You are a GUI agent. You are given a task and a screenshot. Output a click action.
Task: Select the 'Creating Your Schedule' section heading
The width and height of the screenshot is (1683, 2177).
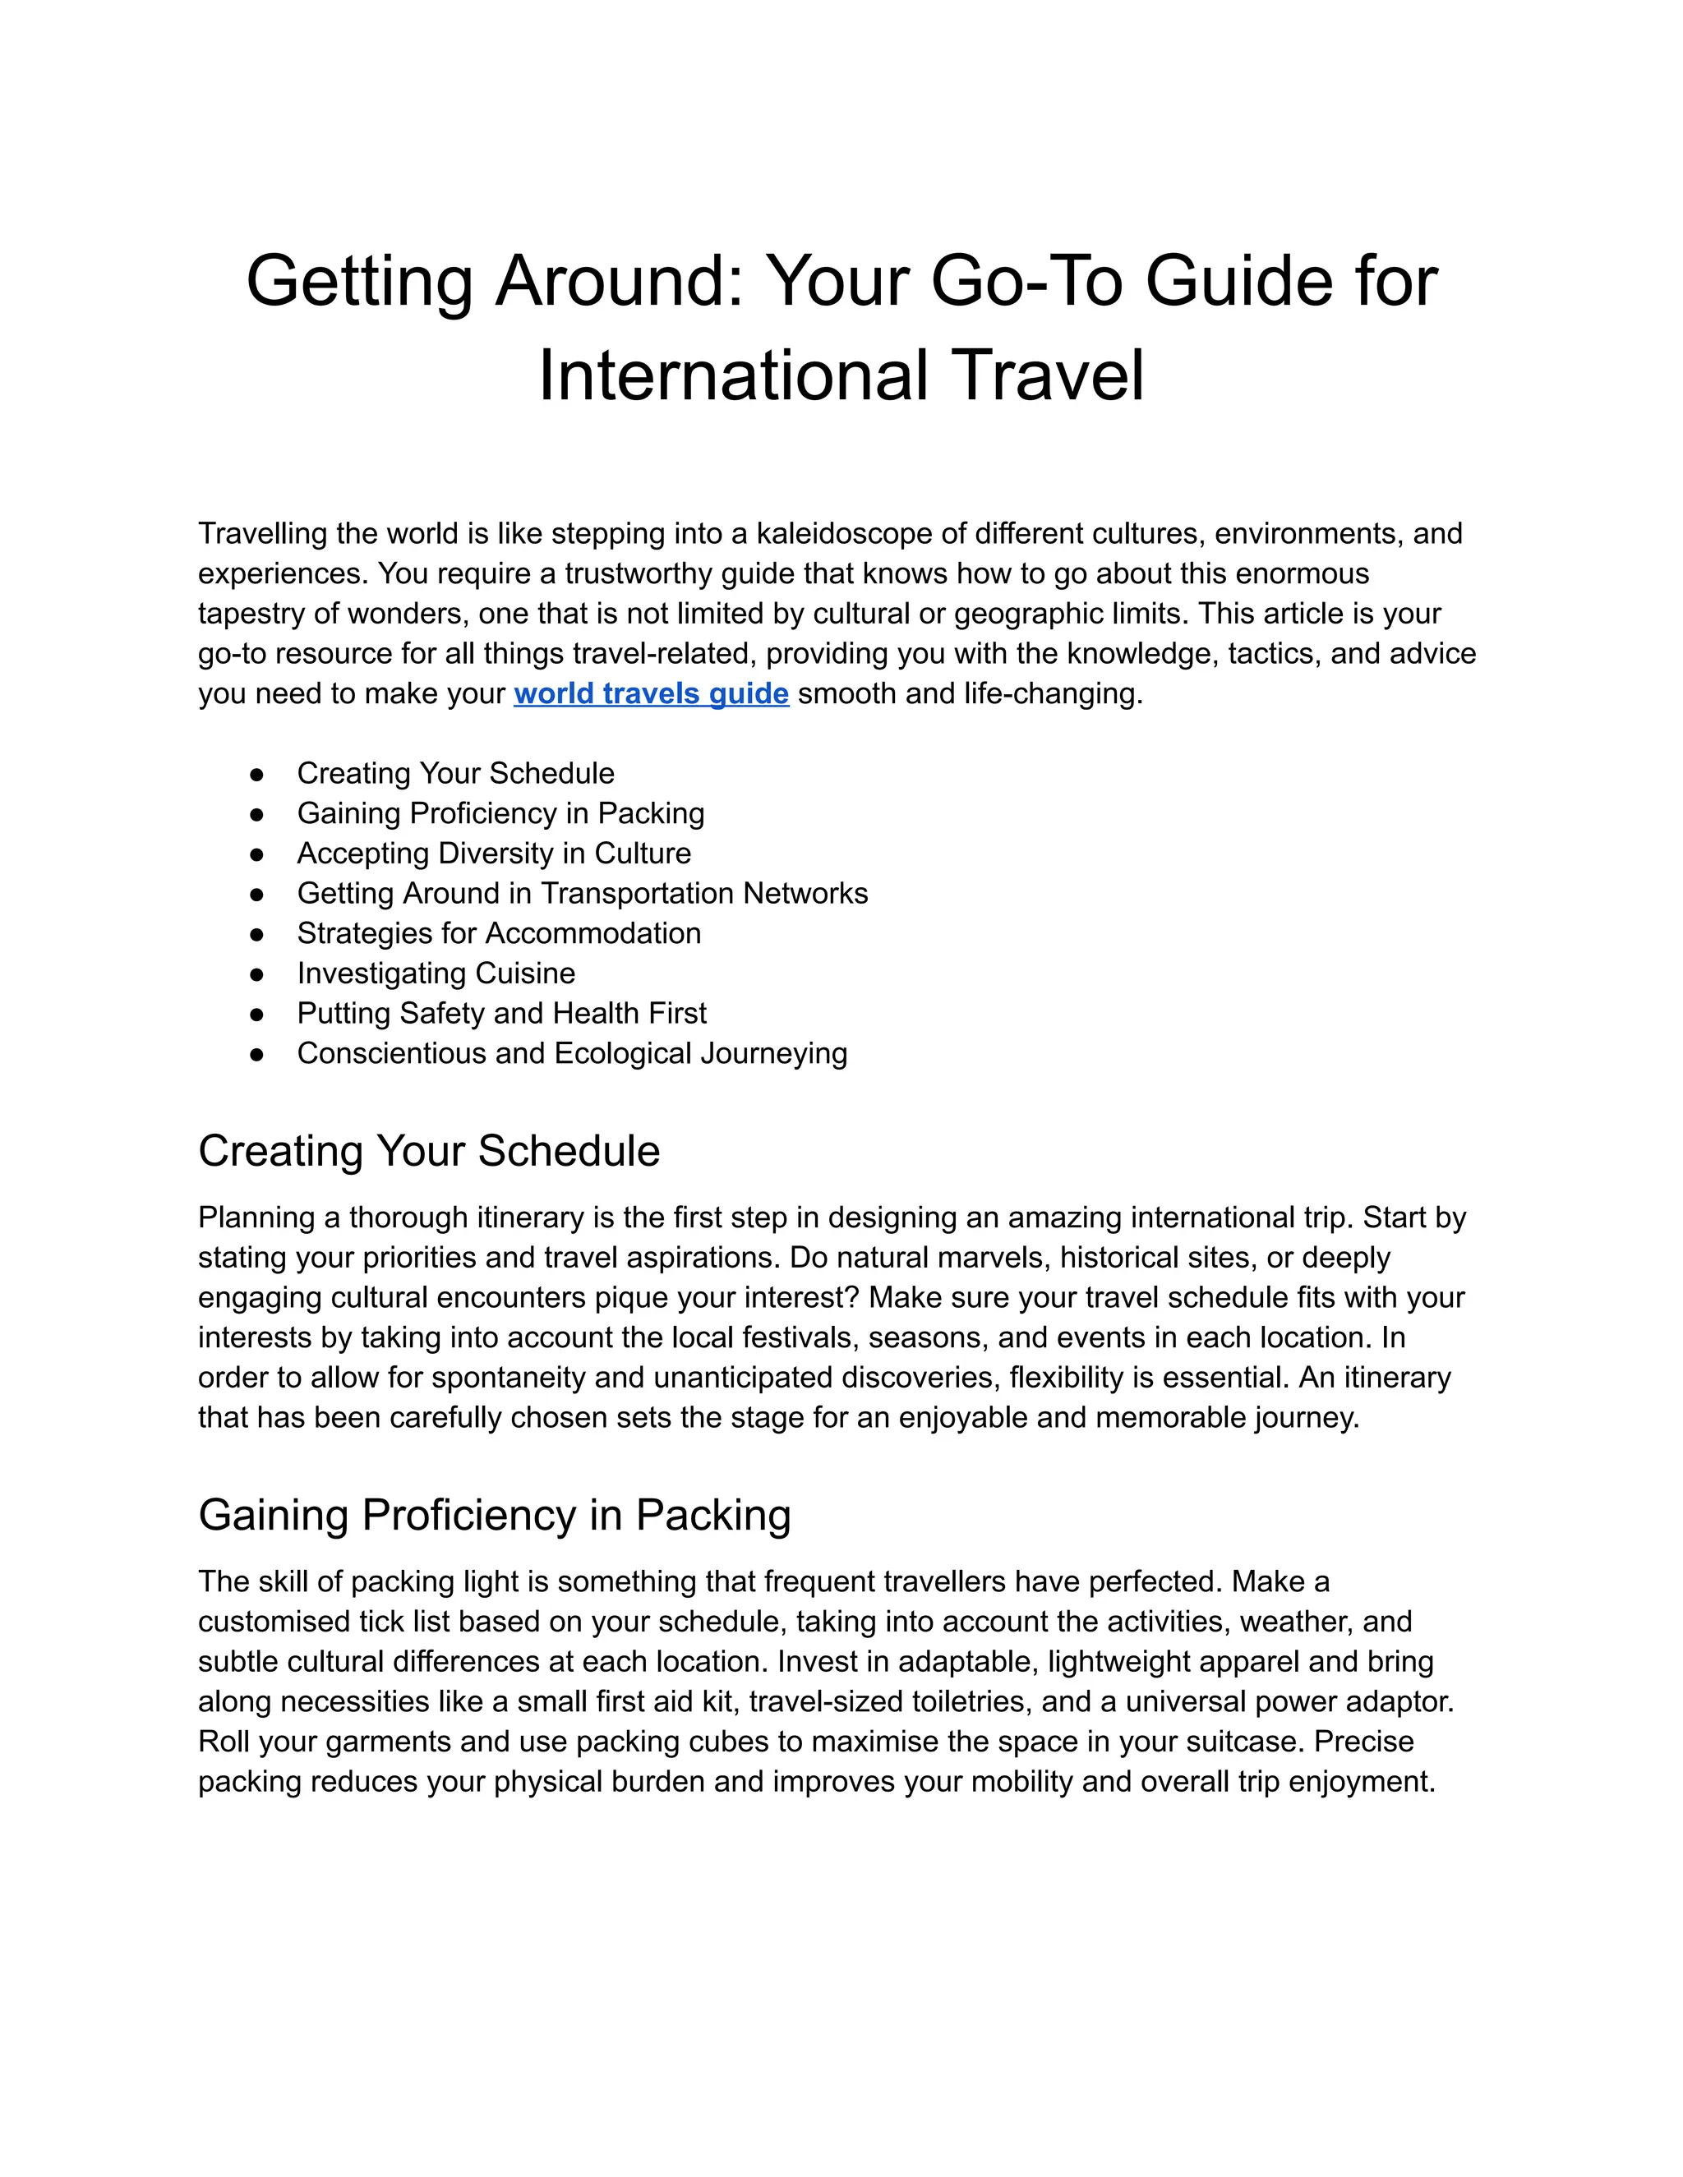click(429, 1150)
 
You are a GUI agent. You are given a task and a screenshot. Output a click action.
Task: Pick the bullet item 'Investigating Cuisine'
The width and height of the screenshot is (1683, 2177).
click(436, 973)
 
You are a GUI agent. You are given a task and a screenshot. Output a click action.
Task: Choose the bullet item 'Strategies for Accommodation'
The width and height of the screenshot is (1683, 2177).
click(499, 933)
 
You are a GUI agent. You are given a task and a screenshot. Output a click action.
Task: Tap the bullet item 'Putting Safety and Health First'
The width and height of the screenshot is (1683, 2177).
click(501, 1013)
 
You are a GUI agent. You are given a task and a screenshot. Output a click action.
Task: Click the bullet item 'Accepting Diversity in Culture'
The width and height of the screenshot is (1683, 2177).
click(494, 854)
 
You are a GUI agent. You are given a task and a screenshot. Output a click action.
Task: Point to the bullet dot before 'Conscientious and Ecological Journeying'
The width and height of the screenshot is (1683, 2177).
click(257, 1054)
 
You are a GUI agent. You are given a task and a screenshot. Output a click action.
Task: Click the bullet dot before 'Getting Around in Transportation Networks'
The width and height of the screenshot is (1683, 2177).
click(257, 894)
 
